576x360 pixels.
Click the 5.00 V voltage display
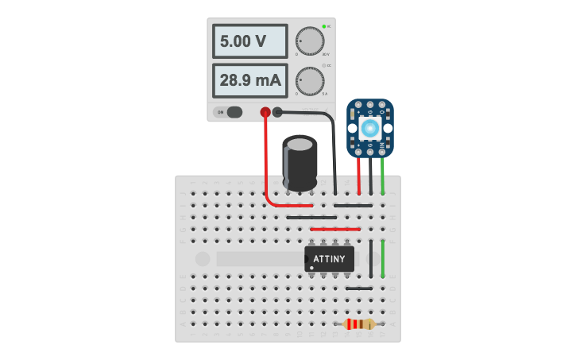coord(249,41)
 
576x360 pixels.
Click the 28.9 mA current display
coord(249,80)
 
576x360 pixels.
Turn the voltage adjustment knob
coord(310,41)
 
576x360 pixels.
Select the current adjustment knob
coord(310,80)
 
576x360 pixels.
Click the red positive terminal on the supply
coord(265,112)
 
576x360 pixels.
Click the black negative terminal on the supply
coord(277,112)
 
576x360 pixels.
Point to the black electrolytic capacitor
coord(300,163)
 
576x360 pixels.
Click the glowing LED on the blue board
coord(369,128)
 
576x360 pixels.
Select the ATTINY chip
coord(329,258)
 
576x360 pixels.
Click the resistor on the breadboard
coord(359,324)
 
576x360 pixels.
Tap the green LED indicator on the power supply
coord(324,26)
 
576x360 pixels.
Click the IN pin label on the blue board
coord(382,145)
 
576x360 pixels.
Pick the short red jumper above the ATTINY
coord(334,229)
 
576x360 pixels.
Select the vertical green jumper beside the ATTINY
coord(383,258)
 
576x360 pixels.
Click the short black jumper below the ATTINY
coord(359,288)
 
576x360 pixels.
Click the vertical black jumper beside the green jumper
coord(371,256)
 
